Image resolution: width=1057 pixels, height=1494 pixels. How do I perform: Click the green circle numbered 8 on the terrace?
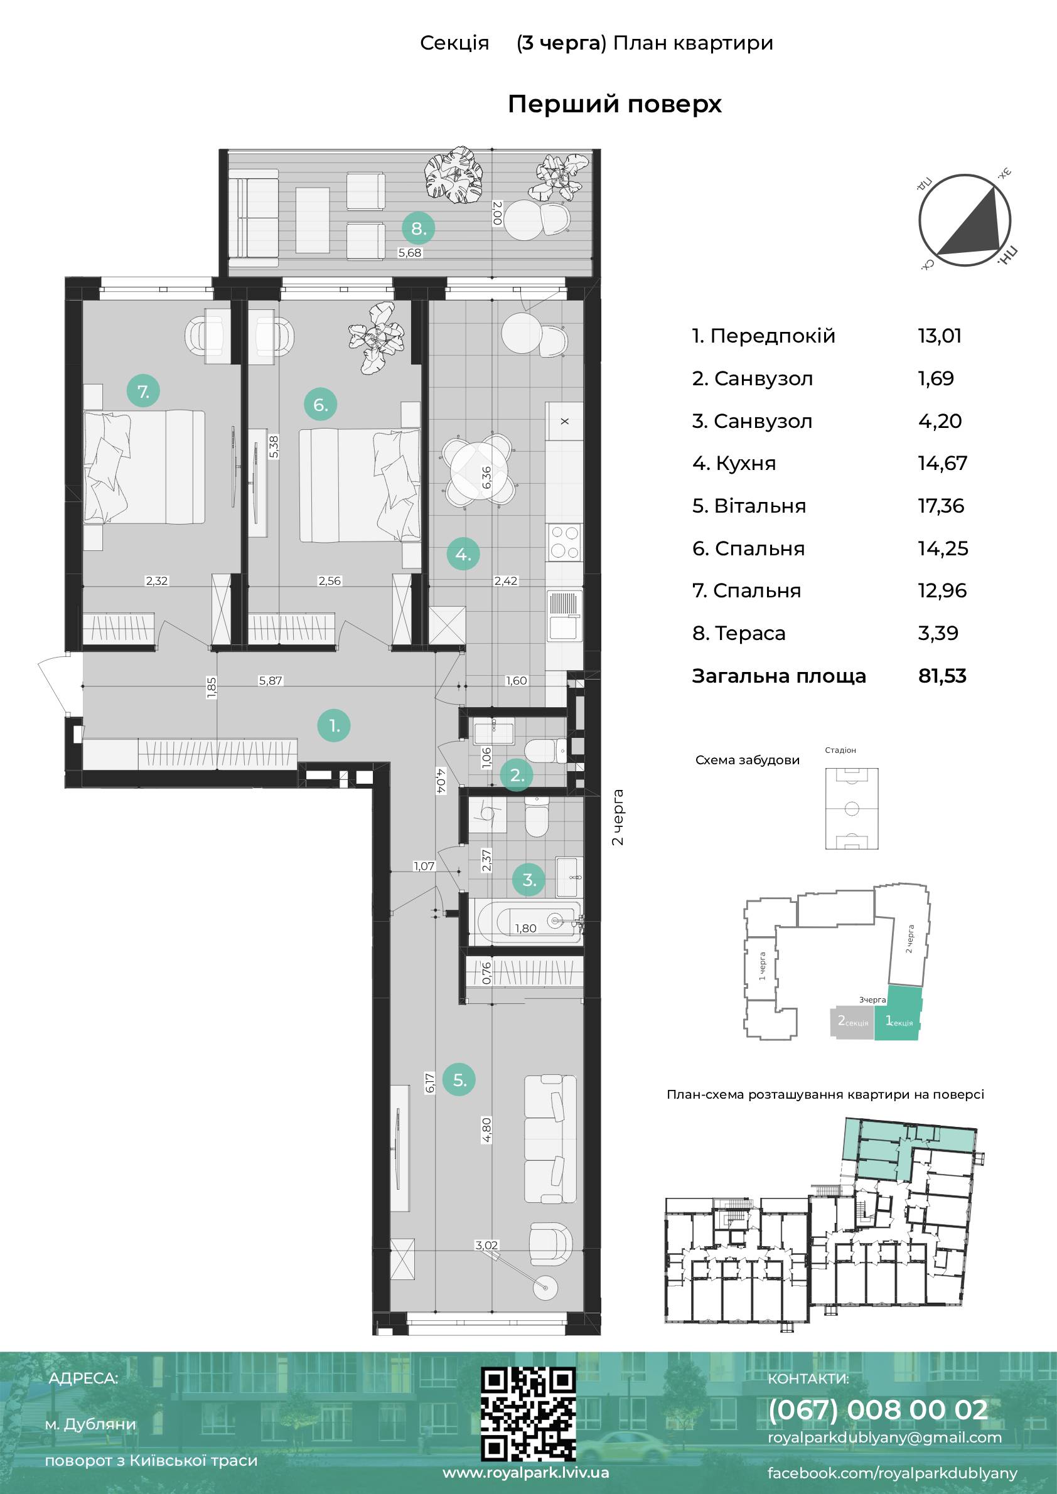click(419, 228)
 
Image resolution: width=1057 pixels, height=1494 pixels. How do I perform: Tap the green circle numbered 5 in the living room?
click(459, 1080)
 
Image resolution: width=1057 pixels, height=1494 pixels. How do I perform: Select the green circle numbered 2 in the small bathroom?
click(517, 774)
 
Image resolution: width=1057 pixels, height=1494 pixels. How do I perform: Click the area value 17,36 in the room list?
click(941, 506)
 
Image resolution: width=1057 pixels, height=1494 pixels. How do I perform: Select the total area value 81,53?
click(942, 675)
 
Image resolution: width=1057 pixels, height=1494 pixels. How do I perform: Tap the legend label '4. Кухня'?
click(734, 463)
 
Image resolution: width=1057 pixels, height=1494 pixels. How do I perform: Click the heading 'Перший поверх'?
click(614, 104)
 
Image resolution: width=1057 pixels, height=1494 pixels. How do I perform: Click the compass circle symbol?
click(965, 221)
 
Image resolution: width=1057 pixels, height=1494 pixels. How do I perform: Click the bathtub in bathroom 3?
click(528, 920)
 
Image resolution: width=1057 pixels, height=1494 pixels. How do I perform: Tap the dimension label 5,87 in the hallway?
click(270, 681)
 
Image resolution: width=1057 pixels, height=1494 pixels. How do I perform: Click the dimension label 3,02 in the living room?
click(486, 1246)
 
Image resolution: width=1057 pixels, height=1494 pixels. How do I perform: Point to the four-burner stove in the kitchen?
click(564, 542)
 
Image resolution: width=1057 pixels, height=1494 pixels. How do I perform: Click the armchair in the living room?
click(550, 1246)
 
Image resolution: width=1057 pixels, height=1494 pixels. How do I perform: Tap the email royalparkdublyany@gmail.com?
click(884, 1437)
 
